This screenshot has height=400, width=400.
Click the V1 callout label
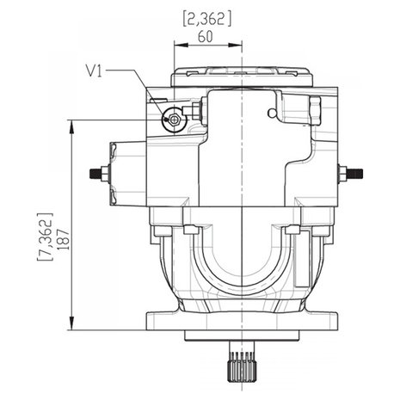94,71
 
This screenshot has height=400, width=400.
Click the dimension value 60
206,37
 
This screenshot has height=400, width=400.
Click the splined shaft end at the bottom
241,363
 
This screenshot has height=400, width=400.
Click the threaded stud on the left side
95,173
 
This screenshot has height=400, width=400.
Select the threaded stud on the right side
355,173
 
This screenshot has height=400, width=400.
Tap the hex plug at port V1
174,120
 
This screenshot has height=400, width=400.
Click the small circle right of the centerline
272,114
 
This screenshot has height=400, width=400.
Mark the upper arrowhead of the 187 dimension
71,126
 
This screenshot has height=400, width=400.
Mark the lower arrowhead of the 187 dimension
71,323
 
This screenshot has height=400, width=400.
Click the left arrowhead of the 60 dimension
181,45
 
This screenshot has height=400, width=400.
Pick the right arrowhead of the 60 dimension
236,45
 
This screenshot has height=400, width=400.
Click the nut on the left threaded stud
105,173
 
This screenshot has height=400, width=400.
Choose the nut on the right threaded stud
343,173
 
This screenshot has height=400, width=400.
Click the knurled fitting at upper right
315,111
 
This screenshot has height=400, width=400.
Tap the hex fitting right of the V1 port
196,111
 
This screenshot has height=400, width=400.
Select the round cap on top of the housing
243,77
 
